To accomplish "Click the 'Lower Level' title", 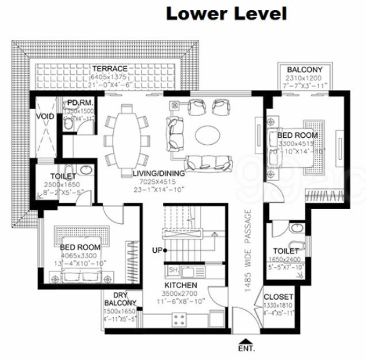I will click(x=225, y=13).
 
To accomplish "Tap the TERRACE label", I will click(x=109, y=68).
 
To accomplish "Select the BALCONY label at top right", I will click(x=304, y=69).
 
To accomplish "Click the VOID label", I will click(x=44, y=115).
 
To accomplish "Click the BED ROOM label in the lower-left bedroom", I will click(x=81, y=248).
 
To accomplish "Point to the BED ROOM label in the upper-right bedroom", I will click(x=297, y=135).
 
